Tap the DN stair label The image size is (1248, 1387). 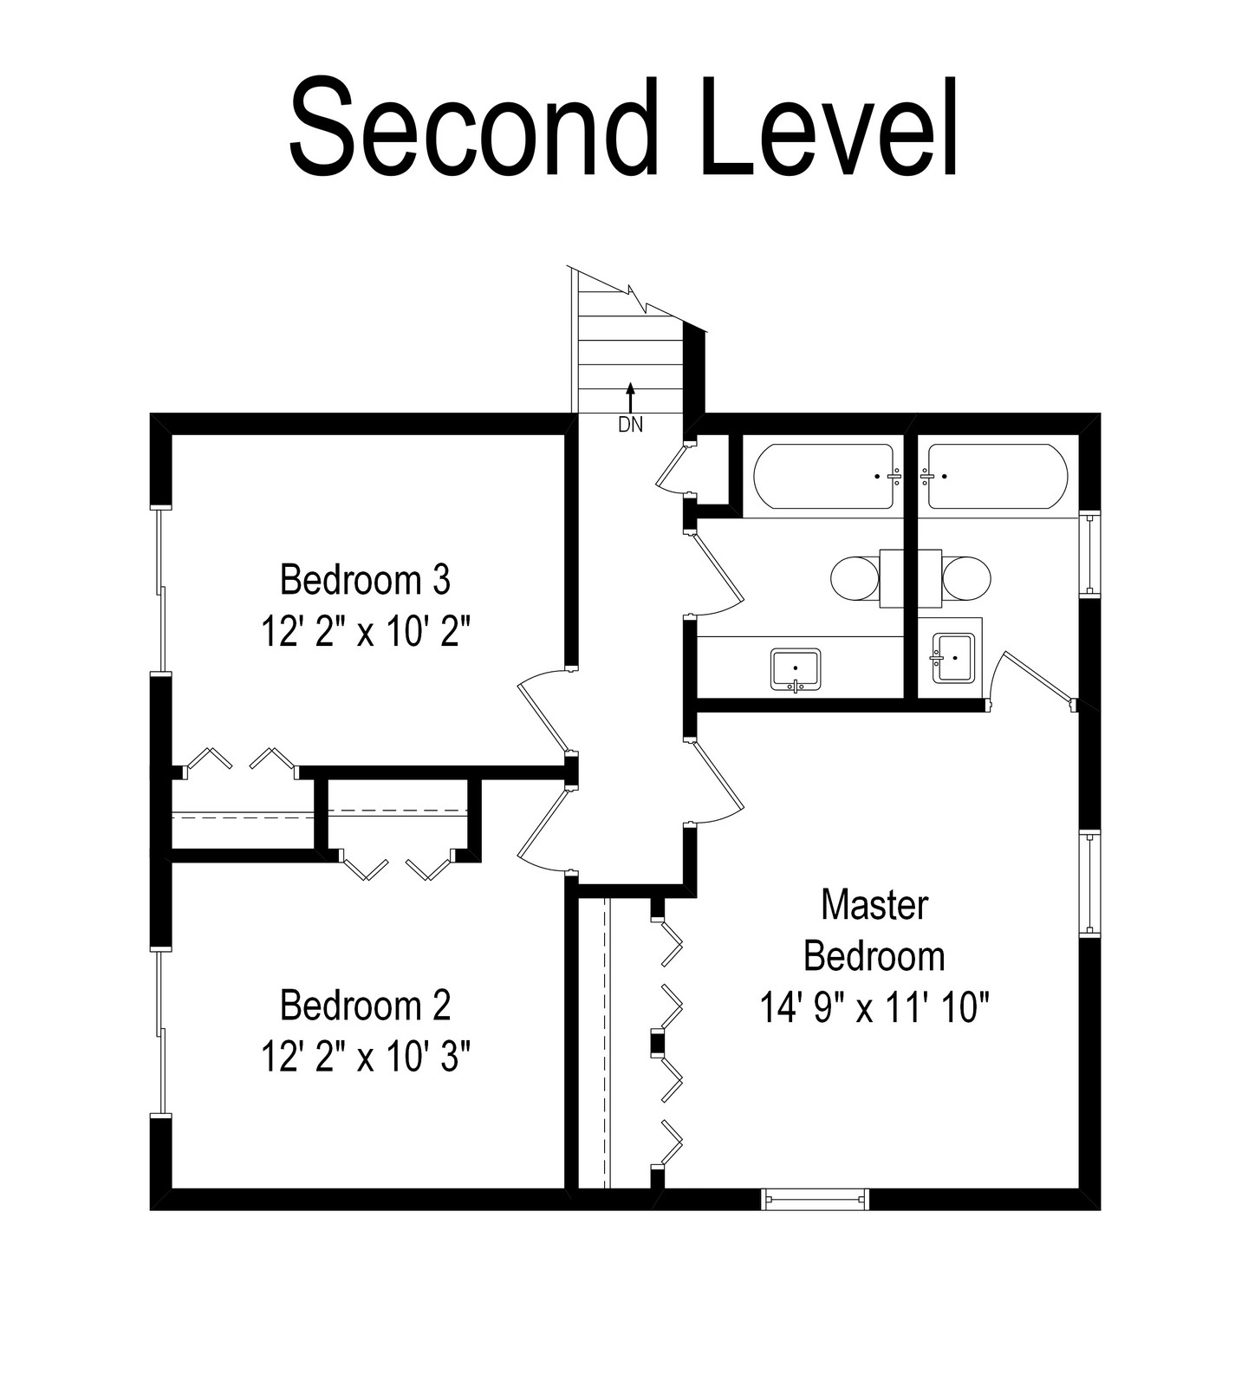coord(630,425)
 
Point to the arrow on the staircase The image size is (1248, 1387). coord(630,398)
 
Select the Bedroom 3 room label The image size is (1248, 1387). coord(365,580)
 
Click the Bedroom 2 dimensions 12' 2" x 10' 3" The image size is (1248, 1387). coord(365,1057)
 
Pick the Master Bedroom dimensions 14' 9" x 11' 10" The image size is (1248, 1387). coord(874,1008)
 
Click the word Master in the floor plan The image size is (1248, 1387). coord(874,905)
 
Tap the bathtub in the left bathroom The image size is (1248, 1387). coord(823,477)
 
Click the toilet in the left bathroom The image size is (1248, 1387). coord(867,577)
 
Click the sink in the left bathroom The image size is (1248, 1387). coord(796,670)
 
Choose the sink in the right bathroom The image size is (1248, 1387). coord(952,658)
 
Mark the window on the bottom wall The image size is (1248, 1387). coord(815,1199)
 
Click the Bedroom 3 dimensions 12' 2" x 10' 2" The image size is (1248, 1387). coord(365,632)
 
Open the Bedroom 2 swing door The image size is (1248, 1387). coord(544,828)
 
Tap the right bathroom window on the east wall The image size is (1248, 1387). coord(1090,555)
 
